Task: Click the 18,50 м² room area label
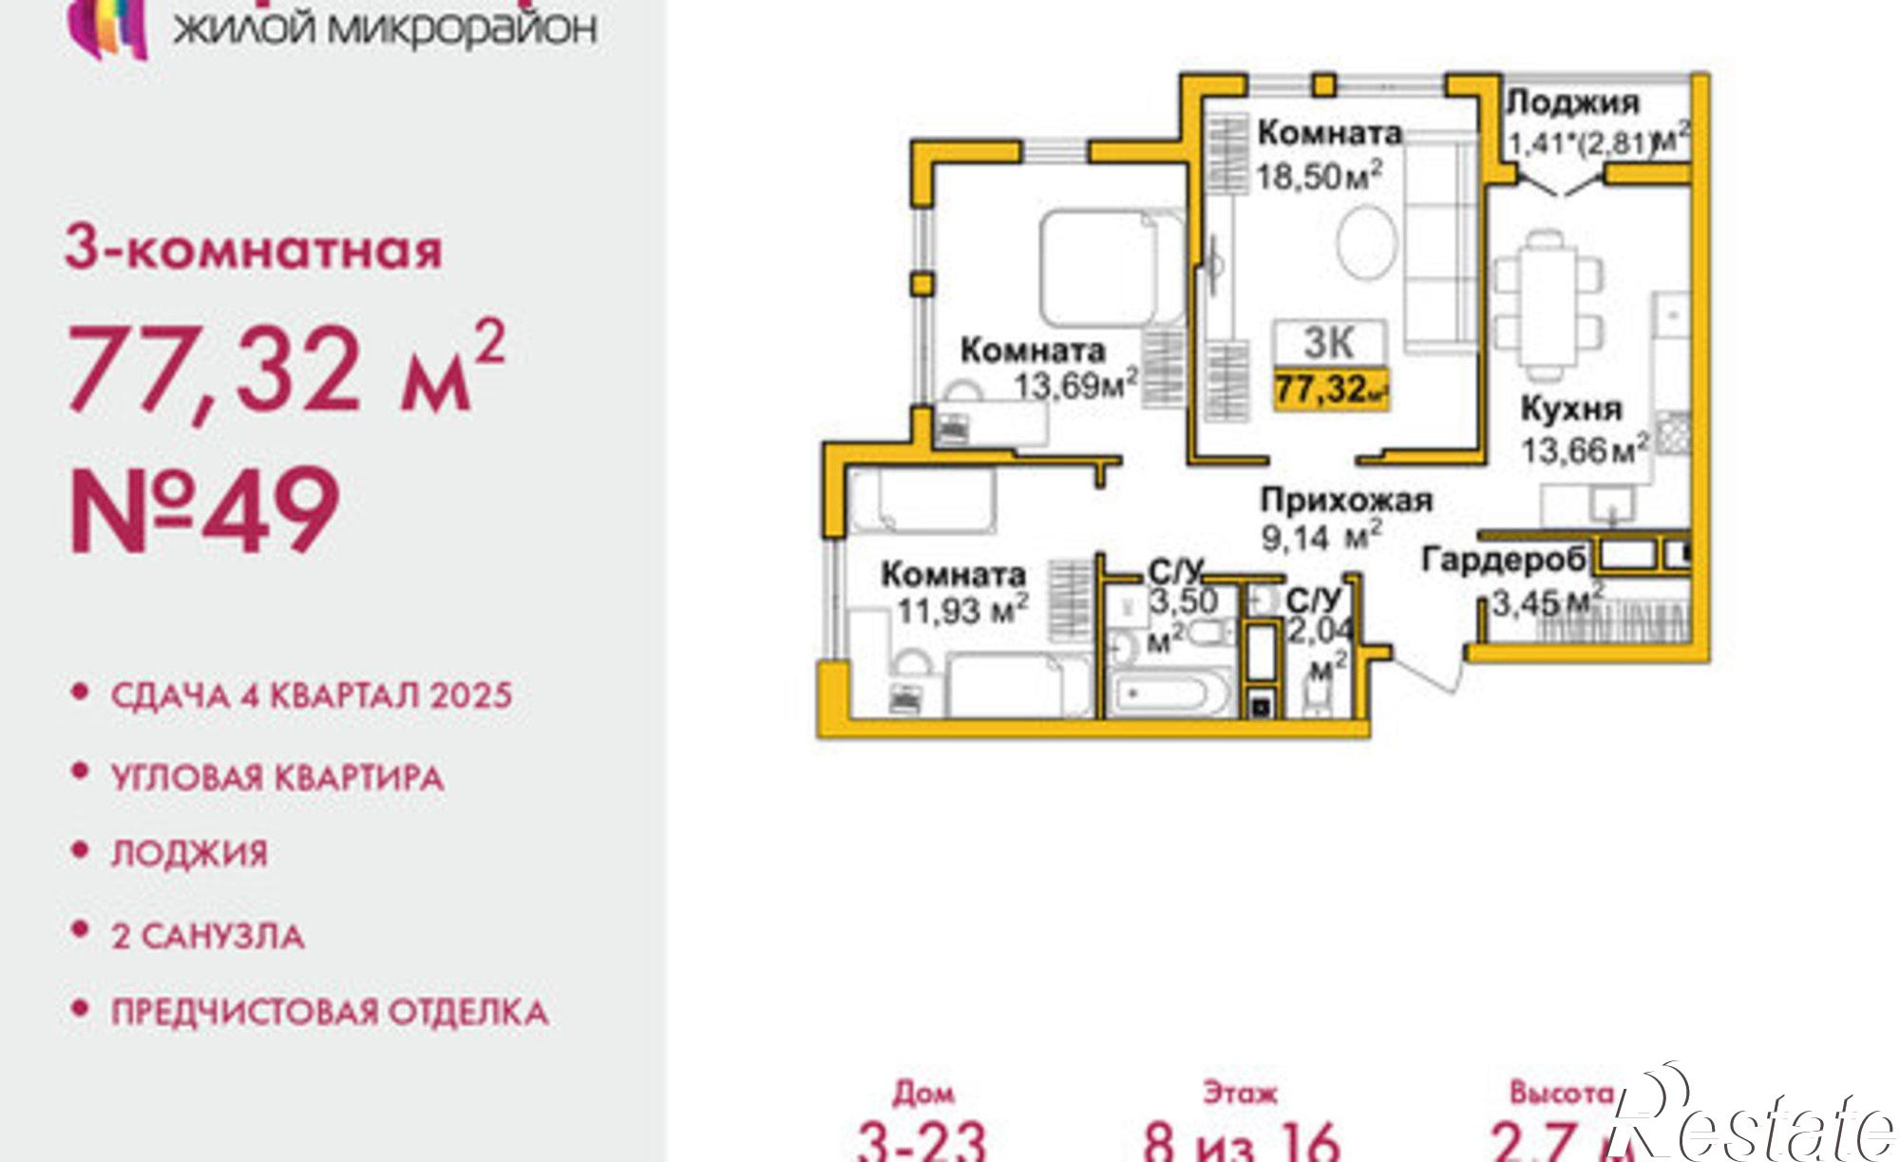click(x=1318, y=176)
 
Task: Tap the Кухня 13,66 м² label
click(x=1582, y=429)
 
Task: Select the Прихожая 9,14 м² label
click(x=1344, y=518)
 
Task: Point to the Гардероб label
click(x=1503, y=561)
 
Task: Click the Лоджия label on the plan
click(x=1573, y=102)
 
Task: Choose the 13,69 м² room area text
click(x=1074, y=386)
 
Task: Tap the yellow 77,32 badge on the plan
click(x=1330, y=389)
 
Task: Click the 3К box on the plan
click(x=1329, y=343)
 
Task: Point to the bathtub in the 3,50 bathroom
click(x=1170, y=694)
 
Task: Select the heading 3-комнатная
click(x=254, y=250)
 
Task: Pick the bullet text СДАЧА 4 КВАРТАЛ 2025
click(x=312, y=695)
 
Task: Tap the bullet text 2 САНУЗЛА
click(x=208, y=936)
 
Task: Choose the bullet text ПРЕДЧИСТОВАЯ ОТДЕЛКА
click(x=330, y=1012)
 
